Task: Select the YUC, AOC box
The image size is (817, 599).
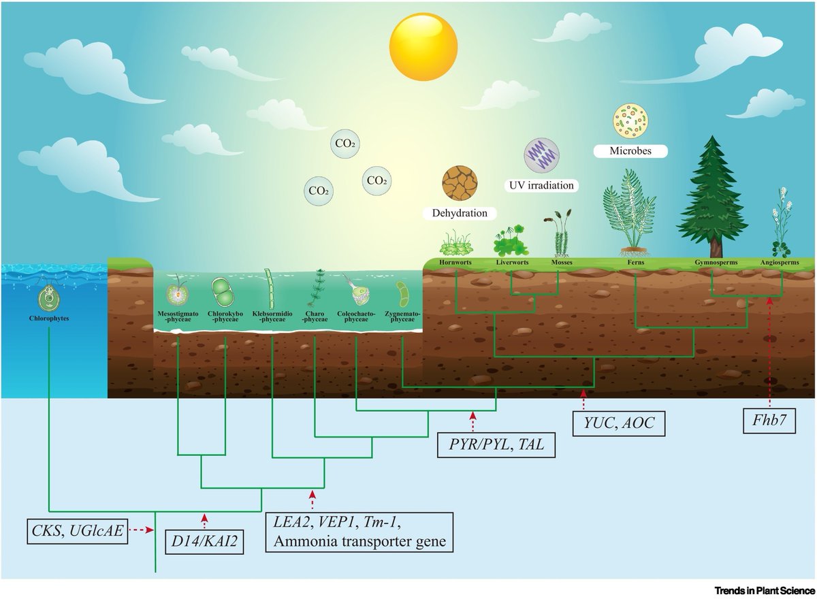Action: pos(618,423)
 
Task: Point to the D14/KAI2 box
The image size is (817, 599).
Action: pos(205,543)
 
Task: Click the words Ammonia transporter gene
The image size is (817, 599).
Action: pos(359,542)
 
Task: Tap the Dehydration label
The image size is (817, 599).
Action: pos(460,213)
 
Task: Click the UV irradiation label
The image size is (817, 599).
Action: pos(541,184)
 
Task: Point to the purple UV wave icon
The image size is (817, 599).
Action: pos(541,155)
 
